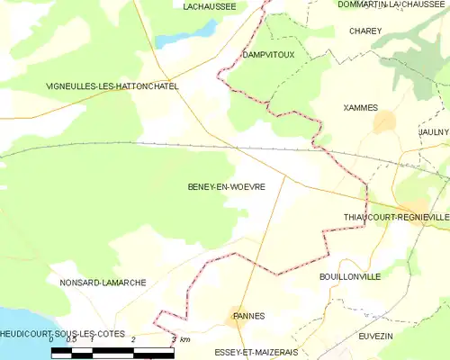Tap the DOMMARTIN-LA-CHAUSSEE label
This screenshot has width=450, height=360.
click(x=391, y=4)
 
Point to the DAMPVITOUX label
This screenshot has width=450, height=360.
click(x=268, y=55)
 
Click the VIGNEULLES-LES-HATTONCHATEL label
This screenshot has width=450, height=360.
click(x=112, y=86)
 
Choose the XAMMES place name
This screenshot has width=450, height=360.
click(x=361, y=107)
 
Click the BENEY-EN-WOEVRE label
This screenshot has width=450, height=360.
click(x=226, y=187)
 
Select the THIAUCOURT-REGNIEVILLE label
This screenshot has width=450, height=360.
click(x=396, y=218)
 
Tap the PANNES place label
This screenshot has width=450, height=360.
click(x=247, y=317)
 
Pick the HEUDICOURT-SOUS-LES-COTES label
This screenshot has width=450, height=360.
click(x=62, y=334)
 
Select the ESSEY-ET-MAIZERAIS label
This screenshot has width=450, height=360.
click(x=256, y=352)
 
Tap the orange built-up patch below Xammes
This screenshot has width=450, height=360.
click(x=384, y=122)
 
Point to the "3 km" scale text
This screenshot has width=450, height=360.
click(x=180, y=339)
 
